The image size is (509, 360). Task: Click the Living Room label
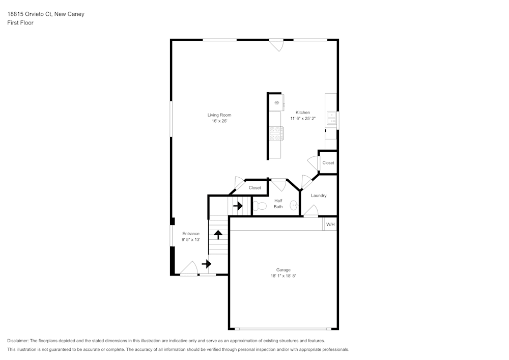219,115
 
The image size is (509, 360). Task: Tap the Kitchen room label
303,113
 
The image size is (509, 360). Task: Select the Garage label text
284,270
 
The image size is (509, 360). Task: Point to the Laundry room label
319,196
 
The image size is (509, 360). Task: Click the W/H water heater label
330,225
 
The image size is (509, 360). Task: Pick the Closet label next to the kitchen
328,163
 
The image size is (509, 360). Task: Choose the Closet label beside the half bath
254,188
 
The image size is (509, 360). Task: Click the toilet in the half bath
260,206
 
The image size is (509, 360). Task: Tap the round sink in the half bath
294,206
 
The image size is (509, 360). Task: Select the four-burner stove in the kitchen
276,133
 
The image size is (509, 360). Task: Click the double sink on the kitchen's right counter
331,119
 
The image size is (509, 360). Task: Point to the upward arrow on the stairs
218,234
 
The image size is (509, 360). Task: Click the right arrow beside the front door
206,264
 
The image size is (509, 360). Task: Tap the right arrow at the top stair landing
238,206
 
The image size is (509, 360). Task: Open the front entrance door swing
189,268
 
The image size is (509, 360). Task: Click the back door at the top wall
276,45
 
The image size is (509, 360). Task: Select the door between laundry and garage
311,211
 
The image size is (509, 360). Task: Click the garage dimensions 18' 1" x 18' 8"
284,276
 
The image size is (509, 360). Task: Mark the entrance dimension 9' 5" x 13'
191,239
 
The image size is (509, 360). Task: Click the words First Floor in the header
20,23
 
